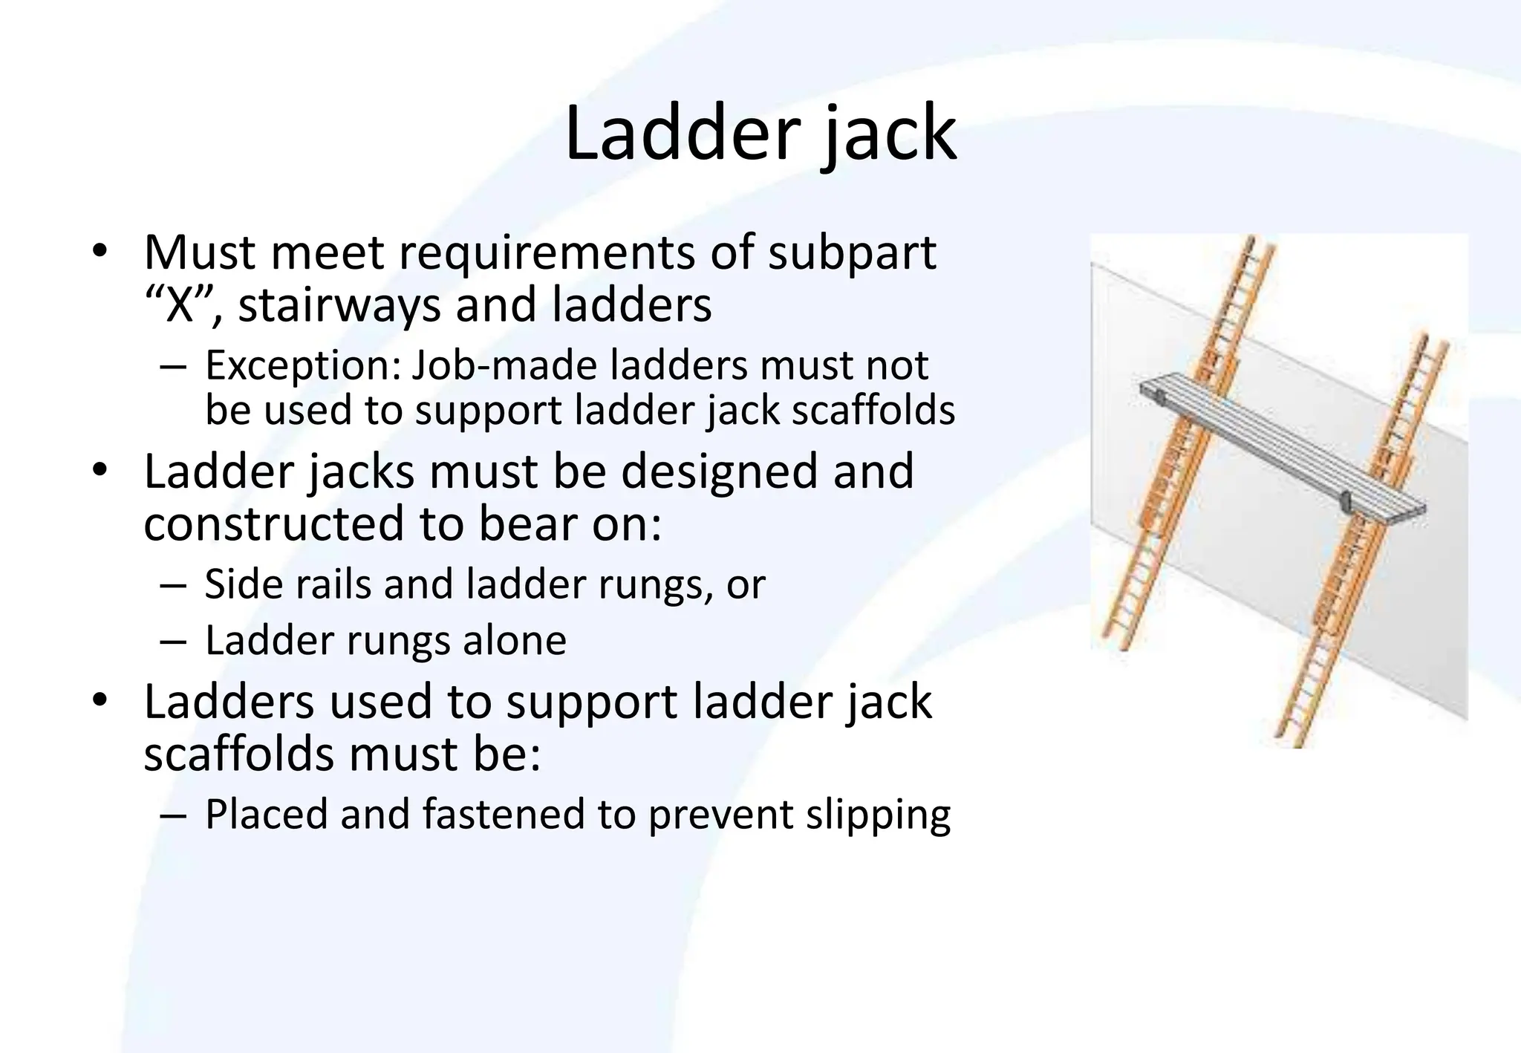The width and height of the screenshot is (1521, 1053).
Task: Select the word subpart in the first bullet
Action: [x=851, y=253]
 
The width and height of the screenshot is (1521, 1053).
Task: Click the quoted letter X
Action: [x=178, y=305]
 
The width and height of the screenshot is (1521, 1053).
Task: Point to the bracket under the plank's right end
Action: [x=1345, y=502]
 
